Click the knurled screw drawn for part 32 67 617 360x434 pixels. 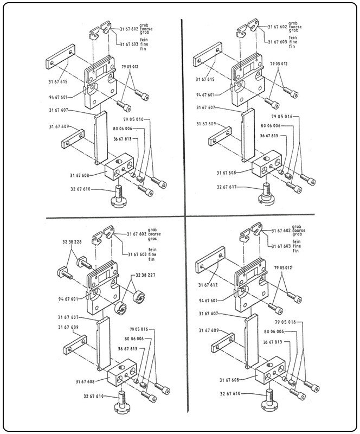point(266,194)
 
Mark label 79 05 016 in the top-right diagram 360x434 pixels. point(282,116)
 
